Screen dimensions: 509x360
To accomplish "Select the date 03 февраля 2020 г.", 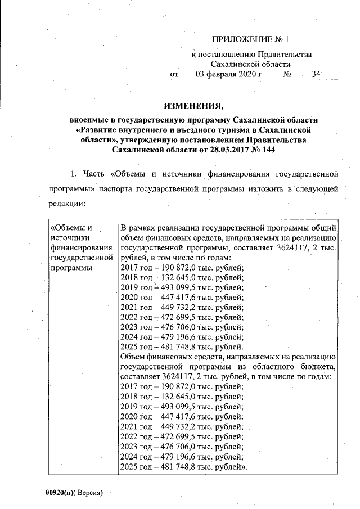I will click(x=229, y=74).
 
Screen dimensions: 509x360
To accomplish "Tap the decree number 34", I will click(x=316, y=74).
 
